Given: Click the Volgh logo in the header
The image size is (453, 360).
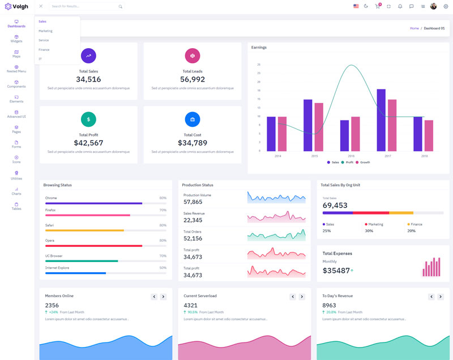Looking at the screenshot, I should [x=17, y=6].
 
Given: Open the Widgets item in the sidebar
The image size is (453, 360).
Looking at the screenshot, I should [x=16, y=38].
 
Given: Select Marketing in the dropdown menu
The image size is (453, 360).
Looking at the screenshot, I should [x=45, y=31].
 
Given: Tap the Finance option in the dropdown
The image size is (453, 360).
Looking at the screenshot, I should [x=44, y=50].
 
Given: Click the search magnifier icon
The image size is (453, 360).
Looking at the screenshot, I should [x=120, y=6].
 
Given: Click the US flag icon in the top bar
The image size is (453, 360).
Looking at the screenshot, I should [x=356, y=6].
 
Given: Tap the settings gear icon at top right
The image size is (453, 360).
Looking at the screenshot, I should [x=446, y=6].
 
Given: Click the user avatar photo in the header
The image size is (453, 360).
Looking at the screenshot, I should [x=434, y=6].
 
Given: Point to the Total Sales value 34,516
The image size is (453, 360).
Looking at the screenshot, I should [x=88, y=79].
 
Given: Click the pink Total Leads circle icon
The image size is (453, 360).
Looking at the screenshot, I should [x=193, y=55].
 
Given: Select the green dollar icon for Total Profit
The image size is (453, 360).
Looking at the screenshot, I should [x=88, y=119].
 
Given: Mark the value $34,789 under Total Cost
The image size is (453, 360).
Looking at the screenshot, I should [x=193, y=143].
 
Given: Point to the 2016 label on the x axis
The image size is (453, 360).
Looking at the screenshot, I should [x=351, y=156].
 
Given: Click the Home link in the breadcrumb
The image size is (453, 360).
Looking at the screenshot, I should [x=414, y=28].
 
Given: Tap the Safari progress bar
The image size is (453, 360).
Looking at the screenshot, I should [x=85, y=230].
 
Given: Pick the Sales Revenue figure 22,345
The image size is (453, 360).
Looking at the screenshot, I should [x=193, y=220].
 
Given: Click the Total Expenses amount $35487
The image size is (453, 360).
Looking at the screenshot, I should [x=336, y=271].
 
